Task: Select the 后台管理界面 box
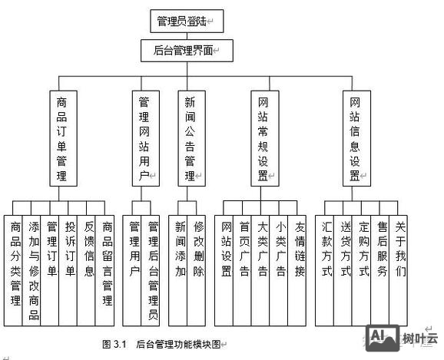181,51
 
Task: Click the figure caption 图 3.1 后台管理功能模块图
165,345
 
